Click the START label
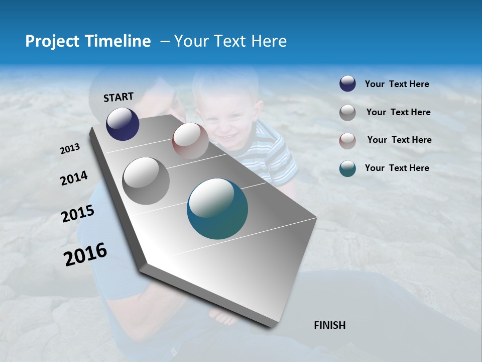tap(118, 97)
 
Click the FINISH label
tap(329, 325)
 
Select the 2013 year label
tap(70, 149)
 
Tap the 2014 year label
tap(74, 178)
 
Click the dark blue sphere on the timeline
tap(123, 124)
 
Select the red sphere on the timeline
tap(190, 140)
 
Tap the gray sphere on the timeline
tap(146, 180)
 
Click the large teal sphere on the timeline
tap(217, 209)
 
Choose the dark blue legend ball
tap(347, 84)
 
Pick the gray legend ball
tap(347, 112)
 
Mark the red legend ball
tap(347, 140)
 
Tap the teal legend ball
tap(347, 168)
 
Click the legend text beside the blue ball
tap(397, 84)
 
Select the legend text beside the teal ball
tap(397, 168)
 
